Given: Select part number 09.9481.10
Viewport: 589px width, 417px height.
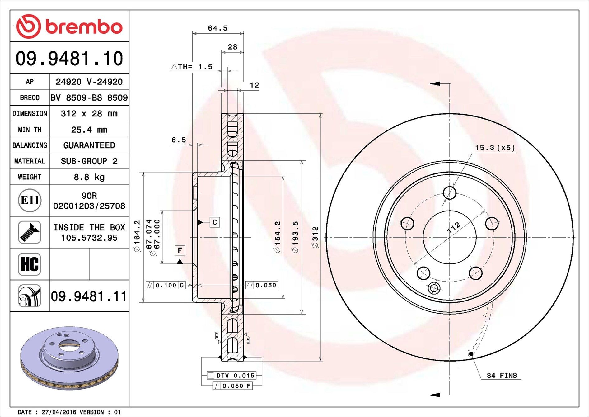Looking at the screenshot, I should pyautogui.click(x=70, y=59).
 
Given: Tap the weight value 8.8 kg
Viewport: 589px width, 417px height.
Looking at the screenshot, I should pyautogui.click(x=89, y=177).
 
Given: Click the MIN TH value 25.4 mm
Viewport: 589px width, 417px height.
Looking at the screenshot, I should pyautogui.click(x=89, y=130).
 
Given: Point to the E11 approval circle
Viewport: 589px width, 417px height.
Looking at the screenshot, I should pyautogui.click(x=30, y=200).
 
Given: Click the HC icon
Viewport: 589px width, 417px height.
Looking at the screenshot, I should pyautogui.click(x=30, y=264).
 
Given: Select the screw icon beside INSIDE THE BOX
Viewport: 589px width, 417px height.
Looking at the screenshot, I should pyautogui.click(x=30, y=232).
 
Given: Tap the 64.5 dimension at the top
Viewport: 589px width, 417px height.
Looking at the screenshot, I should pyautogui.click(x=217, y=28).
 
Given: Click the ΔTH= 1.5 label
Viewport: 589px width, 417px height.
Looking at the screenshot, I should pyautogui.click(x=192, y=67).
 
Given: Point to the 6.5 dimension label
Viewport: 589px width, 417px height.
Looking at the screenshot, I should pyautogui.click(x=179, y=140).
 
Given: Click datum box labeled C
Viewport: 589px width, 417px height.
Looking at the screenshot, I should pyautogui.click(x=215, y=222).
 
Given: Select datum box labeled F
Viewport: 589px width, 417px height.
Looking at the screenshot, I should pyautogui.click(x=180, y=250).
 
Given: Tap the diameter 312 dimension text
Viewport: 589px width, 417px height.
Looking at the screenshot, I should pyautogui.click(x=316, y=237).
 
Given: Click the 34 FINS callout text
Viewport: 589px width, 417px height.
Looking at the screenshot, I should pyautogui.click(x=502, y=376).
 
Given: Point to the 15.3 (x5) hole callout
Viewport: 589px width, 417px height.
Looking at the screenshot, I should pyautogui.click(x=495, y=148).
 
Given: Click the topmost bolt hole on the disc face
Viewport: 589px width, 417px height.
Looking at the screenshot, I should pyautogui.click(x=450, y=193).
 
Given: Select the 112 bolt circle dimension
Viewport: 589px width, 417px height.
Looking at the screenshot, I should pyautogui.click(x=453, y=227).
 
